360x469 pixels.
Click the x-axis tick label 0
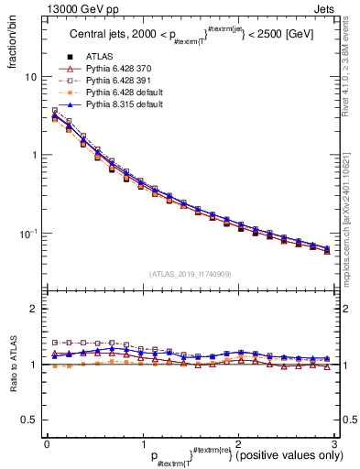coord(48,443)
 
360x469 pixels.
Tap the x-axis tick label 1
coord(143,443)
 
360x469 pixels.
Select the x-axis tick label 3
coord(333,443)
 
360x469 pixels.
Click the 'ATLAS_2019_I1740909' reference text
coord(190,274)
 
